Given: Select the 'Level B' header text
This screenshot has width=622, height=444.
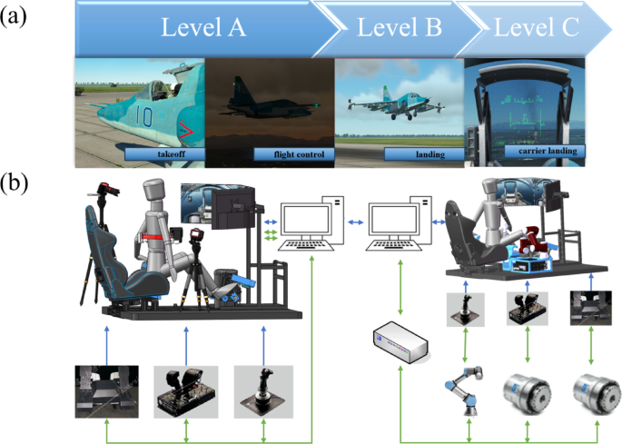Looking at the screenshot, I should point(399,27).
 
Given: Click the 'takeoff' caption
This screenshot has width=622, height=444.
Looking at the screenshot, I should point(163,156).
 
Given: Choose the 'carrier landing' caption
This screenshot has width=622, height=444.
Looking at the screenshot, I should point(550,151).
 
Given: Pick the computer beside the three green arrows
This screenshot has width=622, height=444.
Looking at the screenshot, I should point(311,225).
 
